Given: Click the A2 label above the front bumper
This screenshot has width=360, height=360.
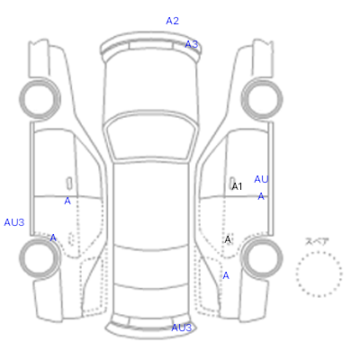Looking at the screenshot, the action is [x=173, y=21].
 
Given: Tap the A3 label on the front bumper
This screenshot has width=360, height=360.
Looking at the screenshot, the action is [x=192, y=44].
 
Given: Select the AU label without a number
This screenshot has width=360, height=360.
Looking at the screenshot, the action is [x=261, y=179].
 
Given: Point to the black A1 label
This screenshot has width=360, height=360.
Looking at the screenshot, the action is [x=237, y=186].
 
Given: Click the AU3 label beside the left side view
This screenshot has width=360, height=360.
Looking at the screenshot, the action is [x=14, y=222].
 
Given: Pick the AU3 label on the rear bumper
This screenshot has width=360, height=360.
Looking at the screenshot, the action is [x=182, y=328].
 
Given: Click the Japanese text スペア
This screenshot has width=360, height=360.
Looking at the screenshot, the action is [x=317, y=241].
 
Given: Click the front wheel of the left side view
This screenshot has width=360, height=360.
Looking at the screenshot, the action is [x=40, y=98].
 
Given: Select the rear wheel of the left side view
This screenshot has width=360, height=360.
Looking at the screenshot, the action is [x=40, y=257].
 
